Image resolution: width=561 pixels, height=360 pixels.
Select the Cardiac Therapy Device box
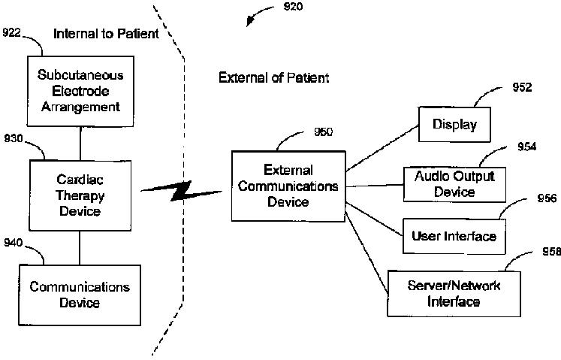click(80, 194)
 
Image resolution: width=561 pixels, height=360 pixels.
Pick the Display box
click(454, 124)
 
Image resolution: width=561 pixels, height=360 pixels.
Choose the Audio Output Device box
click(454, 184)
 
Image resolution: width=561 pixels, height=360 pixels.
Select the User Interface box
click(454, 237)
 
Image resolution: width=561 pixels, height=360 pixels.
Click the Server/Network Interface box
click(454, 293)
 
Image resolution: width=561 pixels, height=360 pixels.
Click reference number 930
click(13, 138)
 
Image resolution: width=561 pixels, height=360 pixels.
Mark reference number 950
click(324, 132)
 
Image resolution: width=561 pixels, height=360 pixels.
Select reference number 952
click(521, 87)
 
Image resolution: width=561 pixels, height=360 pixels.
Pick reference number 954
click(526, 147)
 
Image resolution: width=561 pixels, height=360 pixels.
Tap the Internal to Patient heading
click(106, 33)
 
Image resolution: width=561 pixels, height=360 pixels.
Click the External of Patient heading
click(273, 77)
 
